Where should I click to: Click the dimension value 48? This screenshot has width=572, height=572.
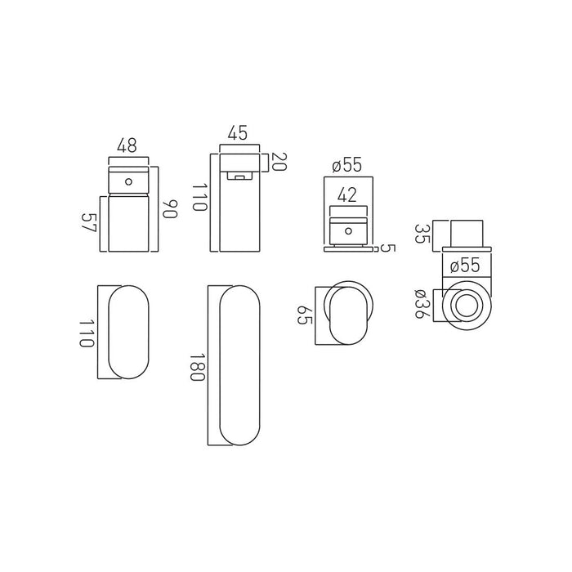coord(127,145)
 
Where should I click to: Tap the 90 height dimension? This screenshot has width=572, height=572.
coord(170,208)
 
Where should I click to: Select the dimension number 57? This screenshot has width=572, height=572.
coord(88,222)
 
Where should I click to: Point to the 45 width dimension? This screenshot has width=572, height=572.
coord(238,132)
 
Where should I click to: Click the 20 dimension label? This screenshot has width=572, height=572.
coord(279,162)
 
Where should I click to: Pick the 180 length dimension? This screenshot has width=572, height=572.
coord(198,367)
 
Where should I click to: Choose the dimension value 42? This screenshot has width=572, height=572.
coord(347,195)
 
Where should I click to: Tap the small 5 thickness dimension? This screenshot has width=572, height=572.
coord(388,248)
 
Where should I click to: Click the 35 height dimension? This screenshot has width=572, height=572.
coord(422,234)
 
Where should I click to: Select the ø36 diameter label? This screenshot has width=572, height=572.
coord(422,304)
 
